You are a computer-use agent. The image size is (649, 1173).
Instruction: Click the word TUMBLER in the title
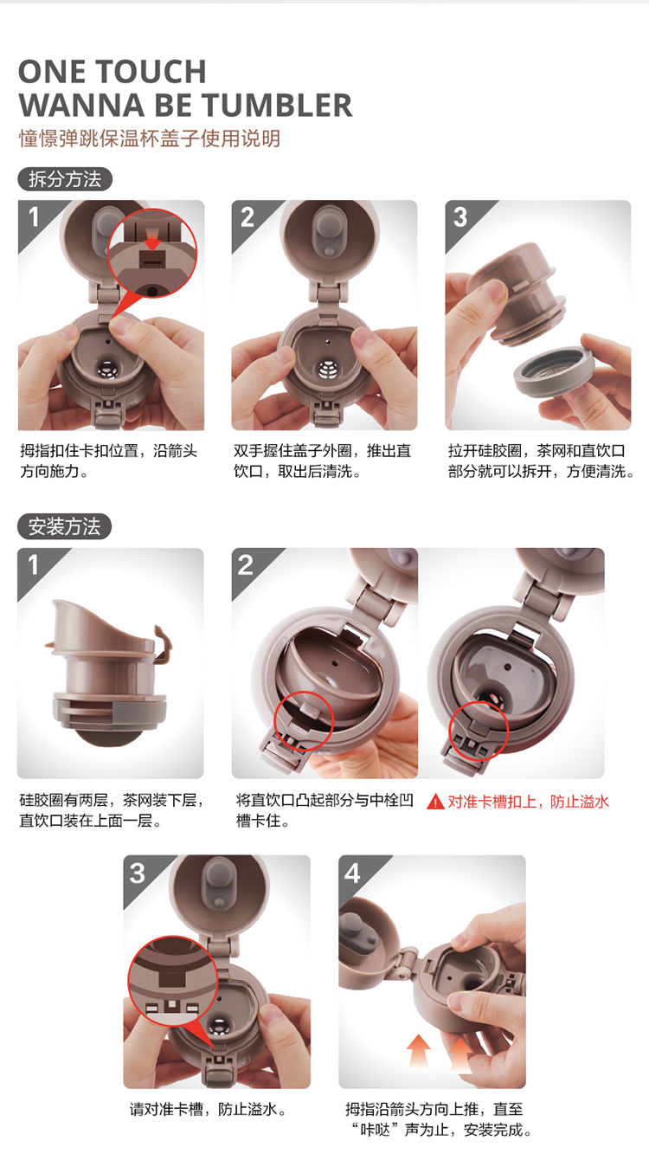[x=277, y=106]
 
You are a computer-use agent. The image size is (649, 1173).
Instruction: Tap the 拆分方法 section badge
[x=65, y=179]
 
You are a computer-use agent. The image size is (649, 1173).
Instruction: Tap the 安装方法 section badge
[x=64, y=526]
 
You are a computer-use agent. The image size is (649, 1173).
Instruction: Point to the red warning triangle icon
[x=435, y=802]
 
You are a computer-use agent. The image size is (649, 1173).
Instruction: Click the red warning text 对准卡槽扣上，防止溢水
[x=528, y=802]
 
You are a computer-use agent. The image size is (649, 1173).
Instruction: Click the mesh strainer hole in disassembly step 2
[x=328, y=369]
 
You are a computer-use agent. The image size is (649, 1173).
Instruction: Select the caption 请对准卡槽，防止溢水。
[x=209, y=1109]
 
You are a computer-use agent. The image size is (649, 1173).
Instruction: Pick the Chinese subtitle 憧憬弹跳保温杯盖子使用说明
[x=150, y=139]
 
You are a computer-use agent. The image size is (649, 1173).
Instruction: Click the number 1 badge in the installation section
[x=33, y=564]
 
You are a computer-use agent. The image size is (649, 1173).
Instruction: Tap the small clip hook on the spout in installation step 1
[x=163, y=643]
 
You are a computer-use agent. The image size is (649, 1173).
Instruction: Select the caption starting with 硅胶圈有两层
[x=112, y=810]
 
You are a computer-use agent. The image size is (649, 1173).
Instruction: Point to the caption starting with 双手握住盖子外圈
[x=322, y=461]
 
